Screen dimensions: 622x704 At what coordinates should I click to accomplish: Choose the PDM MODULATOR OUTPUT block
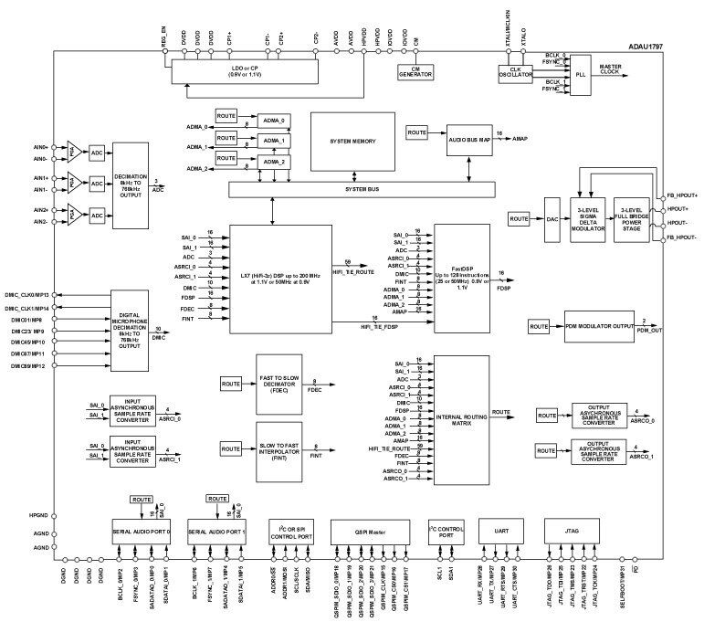598,326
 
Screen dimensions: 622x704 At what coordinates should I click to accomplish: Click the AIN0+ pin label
39,146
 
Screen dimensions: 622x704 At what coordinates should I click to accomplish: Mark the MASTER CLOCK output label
611,70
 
